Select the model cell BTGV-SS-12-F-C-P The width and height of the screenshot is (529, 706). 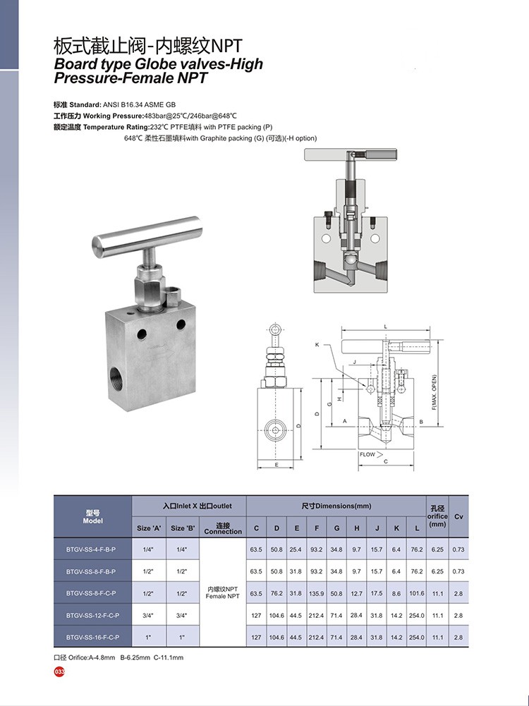pos(92,616)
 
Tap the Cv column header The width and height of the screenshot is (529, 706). pos(458,516)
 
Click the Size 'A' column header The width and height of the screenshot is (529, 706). pos(149,528)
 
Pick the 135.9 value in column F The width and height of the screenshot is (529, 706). pos(316,593)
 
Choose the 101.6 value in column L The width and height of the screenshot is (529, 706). pos(417,593)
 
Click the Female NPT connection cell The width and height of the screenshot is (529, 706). pos(222,592)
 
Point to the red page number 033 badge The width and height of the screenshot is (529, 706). pos(59,671)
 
